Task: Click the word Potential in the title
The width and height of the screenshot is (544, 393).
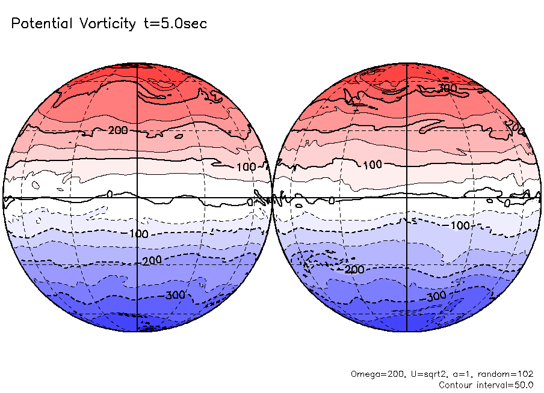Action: tap(41, 24)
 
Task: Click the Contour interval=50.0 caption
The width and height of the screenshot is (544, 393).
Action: tap(486, 385)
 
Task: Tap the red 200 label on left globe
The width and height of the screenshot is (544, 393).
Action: tap(118, 130)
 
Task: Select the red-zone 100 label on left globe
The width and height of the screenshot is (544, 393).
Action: tap(246, 166)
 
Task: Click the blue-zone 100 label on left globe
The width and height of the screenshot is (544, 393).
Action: tap(138, 233)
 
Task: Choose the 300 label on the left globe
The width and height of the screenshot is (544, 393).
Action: tap(175, 295)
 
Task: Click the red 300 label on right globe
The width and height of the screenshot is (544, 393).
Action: tap(447, 88)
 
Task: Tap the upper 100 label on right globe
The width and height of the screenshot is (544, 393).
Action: tap(372, 164)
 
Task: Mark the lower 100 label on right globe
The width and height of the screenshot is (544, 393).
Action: tap(460, 225)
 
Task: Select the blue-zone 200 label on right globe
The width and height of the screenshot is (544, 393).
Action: tap(354, 269)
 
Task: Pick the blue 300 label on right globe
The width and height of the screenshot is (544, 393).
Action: tap(436, 297)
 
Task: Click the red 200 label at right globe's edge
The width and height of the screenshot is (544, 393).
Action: tap(515, 126)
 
